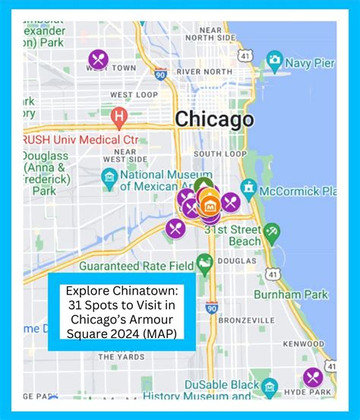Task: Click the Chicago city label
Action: pos(214,119)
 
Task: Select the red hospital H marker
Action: pos(118,117)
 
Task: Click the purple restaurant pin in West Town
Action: pos(98,58)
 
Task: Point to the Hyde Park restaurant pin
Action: pos(312,377)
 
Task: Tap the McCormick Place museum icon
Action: pos(248,187)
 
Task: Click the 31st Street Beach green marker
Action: pos(272,231)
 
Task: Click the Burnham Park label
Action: pos(301,294)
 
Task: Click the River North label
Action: pos(204,71)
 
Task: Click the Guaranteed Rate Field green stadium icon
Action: pos(204,264)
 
